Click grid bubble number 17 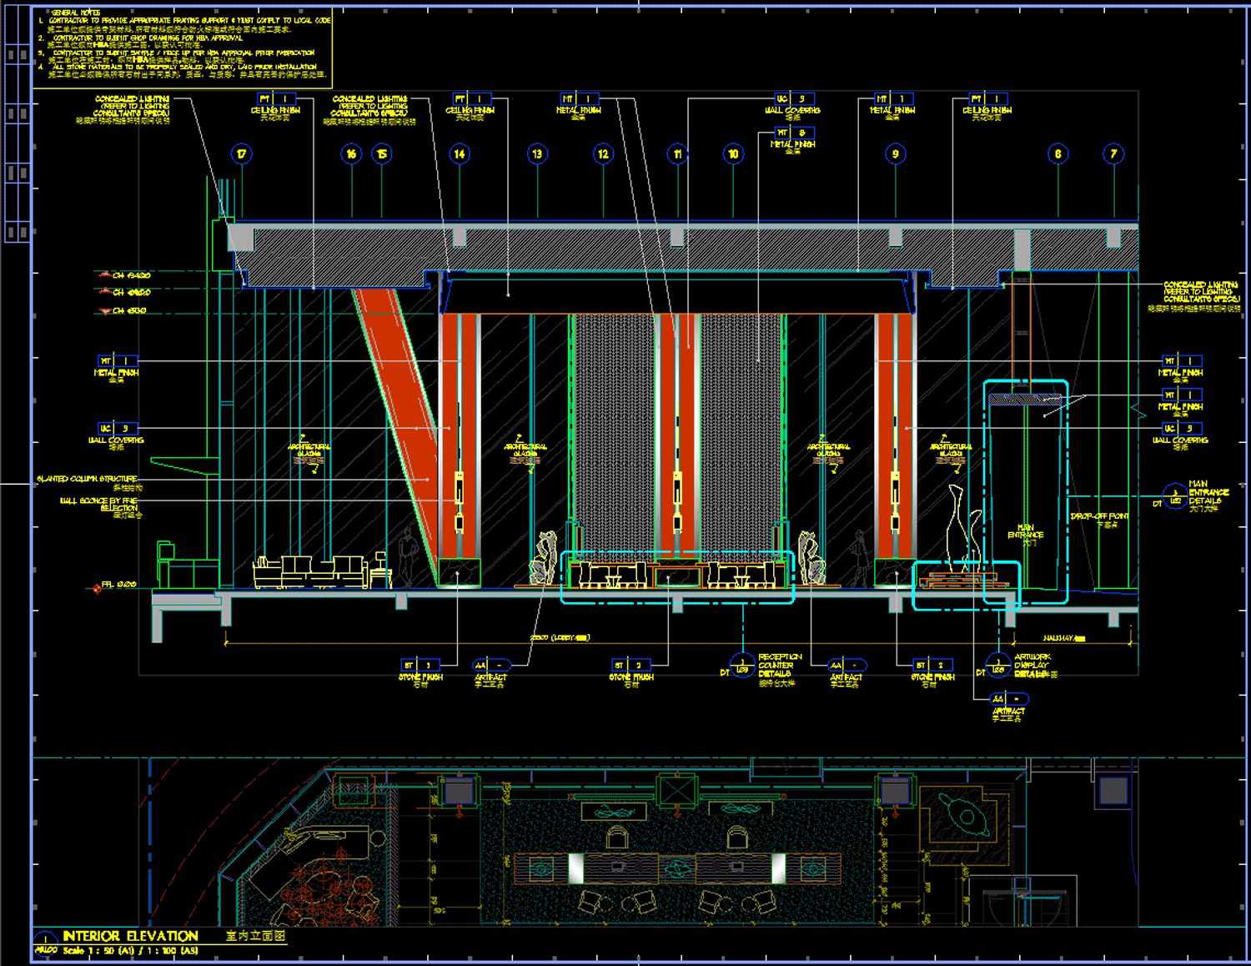pyautogui.click(x=241, y=153)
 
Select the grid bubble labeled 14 pyautogui.click(x=460, y=153)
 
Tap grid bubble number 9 pyautogui.click(x=895, y=153)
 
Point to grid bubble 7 pyautogui.click(x=1113, y=153)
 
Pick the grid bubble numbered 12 pyautogui.click(x=603, y=153)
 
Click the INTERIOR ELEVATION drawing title pyautogui.click(x=131, y=936)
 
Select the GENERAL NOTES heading pyautogui.click(x=76, y=13)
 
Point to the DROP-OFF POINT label pyautogui.click(x=1099, y=516)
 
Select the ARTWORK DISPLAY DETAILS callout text pyautogui.click(x=1032, y=665)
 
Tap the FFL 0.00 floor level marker pyautogui.click(x=118, y=585)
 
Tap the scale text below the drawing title pyautogui.click(x=130, y=951)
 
